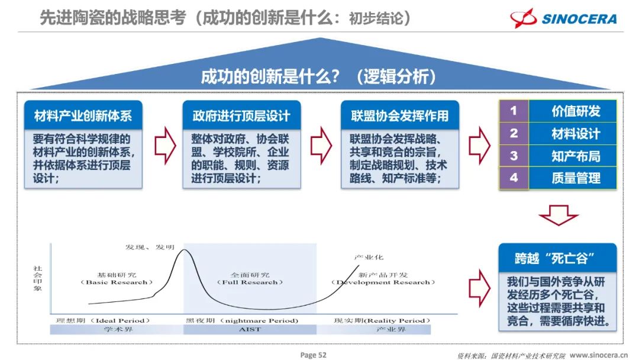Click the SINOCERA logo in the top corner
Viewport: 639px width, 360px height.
pos(563,18)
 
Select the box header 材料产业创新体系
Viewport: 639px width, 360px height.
pos(83,116)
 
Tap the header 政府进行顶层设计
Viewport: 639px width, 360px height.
pos(241,116)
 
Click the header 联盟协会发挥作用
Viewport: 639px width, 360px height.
pos(400,116)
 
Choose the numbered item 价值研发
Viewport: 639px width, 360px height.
pos(576,111)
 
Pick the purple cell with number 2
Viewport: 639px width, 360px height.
pos(514,133)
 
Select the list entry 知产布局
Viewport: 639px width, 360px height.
pos(576,156)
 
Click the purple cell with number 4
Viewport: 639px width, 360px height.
pos(514,178)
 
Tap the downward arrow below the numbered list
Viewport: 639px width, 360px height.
pos(559,216)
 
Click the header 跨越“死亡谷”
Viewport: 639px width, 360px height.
pos(557,258)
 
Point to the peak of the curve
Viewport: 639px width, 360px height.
pos(184,249)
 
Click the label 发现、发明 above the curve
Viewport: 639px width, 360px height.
pos(150,247)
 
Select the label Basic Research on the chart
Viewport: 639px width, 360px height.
pos(117,282)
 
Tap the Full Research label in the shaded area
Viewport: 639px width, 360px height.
pos(250,282)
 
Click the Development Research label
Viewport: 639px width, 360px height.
pos(383,282)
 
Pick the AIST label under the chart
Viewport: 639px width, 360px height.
pos(250,329)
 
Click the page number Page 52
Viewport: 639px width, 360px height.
pos(314,355)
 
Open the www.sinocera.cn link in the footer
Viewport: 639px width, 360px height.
pos(598,355)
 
